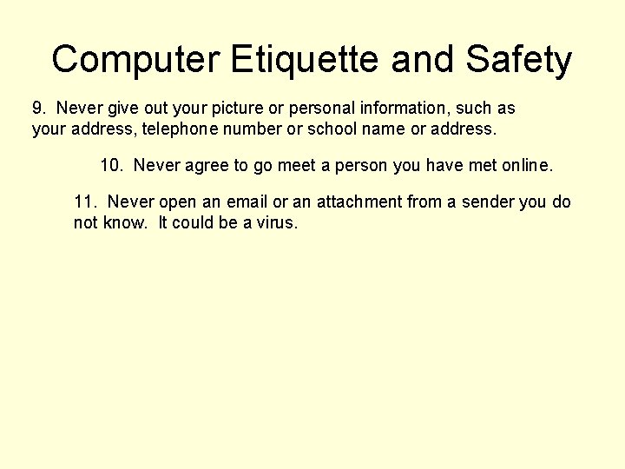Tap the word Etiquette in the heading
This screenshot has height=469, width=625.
(306, 59)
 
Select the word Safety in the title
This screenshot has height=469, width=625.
(519, 59)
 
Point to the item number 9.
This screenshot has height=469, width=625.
(38, 109)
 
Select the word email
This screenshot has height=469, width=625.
(247, 201)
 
